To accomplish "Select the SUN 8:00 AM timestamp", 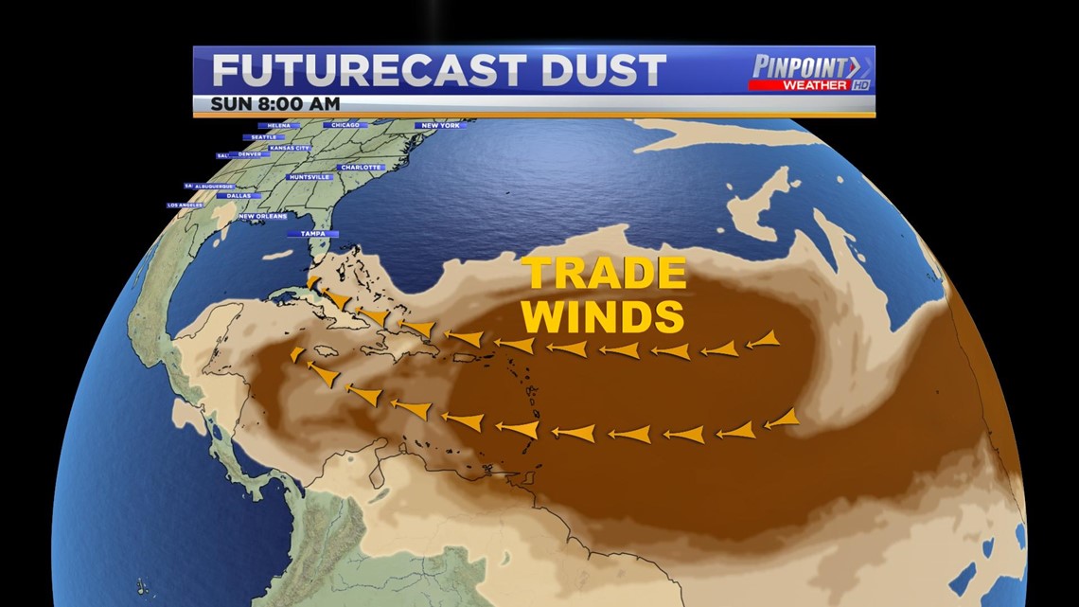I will coord(275,103).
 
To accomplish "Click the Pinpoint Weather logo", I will coord(811,72).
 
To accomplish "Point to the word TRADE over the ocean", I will coord(606,275).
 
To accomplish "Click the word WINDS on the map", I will coord(603,316).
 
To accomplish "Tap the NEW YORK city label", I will coord(441,125).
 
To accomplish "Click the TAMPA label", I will coord(313,233).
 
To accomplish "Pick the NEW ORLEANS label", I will coord(262,216).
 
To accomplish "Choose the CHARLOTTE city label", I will coord(360,168).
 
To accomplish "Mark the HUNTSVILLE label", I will coord(310,177).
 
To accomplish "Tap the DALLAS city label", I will coord(239,195).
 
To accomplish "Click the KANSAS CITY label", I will coord(289,149).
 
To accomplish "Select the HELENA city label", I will coord(278,125).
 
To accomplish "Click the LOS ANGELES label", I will coord(186,205).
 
